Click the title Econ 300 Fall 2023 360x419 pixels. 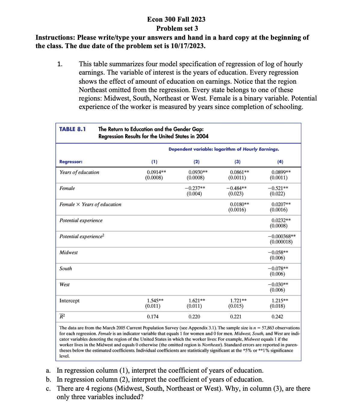click(x=176, y=19)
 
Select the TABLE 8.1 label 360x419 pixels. click(x=72, y=129)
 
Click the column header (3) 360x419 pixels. click(x=237, y=162)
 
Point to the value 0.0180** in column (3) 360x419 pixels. click(x=239, y=204)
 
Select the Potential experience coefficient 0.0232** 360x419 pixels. click(x=281, y=220)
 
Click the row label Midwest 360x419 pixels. click(x=68, y=253)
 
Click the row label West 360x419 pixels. click(x=64, y=284)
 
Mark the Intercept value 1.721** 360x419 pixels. click(x=238, y=300)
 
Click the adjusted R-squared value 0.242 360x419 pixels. click(x=277, y=317)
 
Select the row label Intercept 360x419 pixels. click(x=70, y=301)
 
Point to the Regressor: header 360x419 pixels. click(x=71, y=162)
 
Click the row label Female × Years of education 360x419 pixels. click(x=90, y=204)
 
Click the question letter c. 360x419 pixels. click(x=48, y=389)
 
